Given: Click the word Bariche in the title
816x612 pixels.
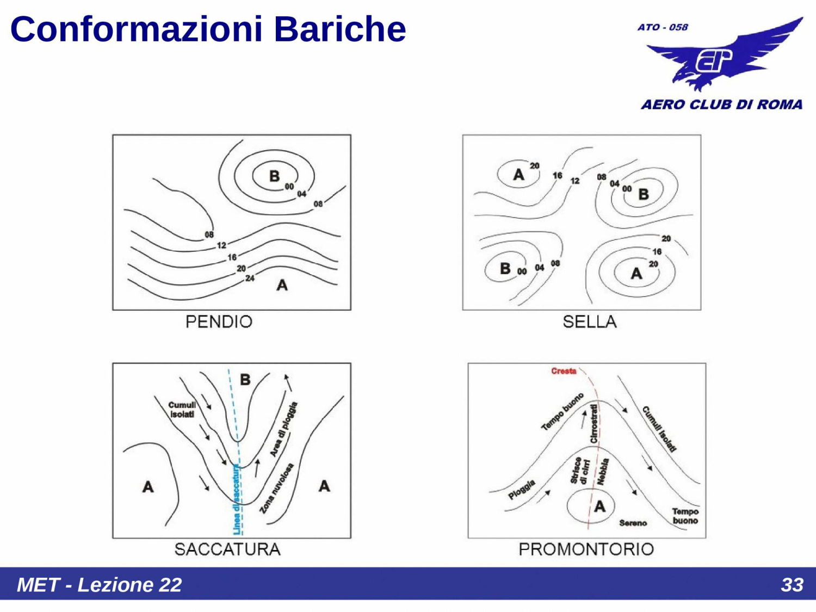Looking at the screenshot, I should click(x=339, y=29).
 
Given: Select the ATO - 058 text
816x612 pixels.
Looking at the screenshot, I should click(x=663, y=27).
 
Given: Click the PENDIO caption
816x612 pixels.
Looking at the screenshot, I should click(x=219, y=322).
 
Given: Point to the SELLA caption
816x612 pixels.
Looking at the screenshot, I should click(x=590, y=322).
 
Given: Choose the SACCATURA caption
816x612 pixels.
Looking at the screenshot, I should click(x=227, y=549).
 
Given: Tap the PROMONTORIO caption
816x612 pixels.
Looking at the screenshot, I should click(x=586, y=549).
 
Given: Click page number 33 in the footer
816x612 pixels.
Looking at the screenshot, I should click(x=792, y=585).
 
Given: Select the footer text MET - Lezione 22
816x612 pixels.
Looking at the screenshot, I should click(x=100, y=585).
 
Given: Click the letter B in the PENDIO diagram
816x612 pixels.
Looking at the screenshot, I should click(x=274, y=176).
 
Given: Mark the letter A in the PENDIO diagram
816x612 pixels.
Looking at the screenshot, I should click(x=282, y=285).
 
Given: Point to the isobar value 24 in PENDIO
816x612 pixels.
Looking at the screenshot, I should click(x=250, y=278).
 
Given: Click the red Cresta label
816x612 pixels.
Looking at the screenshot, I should click(x=564, y=371).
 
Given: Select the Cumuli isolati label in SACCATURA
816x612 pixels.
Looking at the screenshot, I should click(x=182, y=410).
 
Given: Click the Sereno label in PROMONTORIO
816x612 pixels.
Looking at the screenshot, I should click(x=633, y=523).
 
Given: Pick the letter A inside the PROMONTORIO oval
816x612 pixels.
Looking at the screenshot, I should click(x=599, y=506).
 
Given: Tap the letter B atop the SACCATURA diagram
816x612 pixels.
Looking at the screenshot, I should click(x=245, y=379).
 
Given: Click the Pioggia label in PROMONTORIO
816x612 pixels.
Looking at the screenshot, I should click(x=522, y=490).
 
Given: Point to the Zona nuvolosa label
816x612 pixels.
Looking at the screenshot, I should click(x=276, y=488).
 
